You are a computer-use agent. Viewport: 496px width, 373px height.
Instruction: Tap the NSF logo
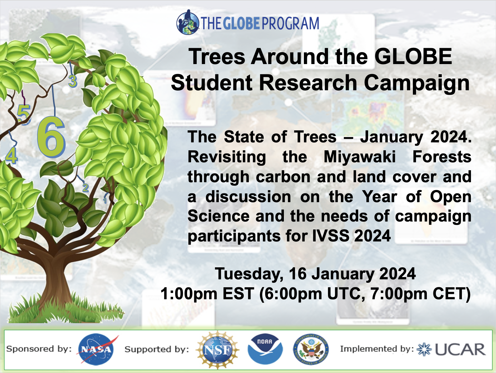click(x=218, y=350)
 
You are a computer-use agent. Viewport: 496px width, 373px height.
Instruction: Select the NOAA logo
click(x=265, y=349)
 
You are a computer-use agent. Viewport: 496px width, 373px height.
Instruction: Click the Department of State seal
click(x=311, y=349)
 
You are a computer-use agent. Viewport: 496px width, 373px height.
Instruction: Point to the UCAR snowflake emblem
click(x=424, y=349)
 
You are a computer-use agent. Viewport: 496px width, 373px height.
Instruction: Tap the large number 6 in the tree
click(x=51, y=137)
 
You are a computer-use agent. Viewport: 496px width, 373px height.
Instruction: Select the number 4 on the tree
click(x=12, y=155)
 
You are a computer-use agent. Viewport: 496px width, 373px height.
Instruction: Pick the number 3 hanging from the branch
click(x=73, y=81)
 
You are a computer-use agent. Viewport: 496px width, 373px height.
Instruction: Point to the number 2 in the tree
click(x=85, y=188)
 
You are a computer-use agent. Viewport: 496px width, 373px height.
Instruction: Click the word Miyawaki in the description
click(x=360, y=157)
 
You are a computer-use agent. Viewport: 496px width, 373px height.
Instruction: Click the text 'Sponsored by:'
click(x=39, y=349)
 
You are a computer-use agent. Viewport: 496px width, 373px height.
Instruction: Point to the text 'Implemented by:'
click(x=377, y=349)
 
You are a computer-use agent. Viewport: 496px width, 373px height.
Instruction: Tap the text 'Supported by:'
click(x=157, y=349)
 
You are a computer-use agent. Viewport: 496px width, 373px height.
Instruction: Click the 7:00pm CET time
click(x=420, y=294)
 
